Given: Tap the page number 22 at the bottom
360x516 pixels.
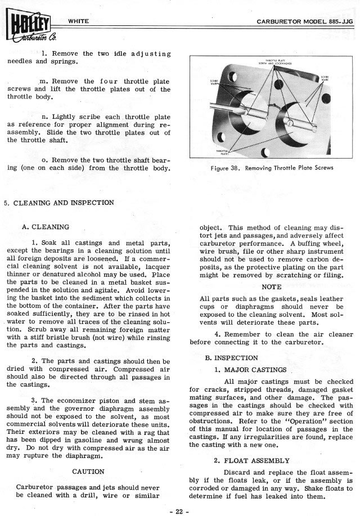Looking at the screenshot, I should click(180, 510).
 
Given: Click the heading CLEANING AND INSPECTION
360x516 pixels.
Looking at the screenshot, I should click(61, 203).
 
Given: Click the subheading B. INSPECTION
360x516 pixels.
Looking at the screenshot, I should click(231, 357).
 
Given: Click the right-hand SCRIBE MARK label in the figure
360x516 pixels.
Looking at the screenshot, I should click(325, 78).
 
